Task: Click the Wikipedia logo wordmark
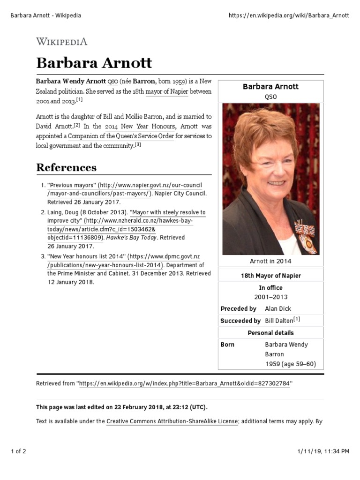tap(62, 41)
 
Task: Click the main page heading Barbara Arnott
tap(94, 63)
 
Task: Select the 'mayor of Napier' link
tap(166, 91)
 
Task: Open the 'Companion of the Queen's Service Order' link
tap(121, 136)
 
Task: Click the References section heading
tap(67, 167)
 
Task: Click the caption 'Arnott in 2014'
tap(270, 261)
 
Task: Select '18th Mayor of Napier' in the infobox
tap(270, 276)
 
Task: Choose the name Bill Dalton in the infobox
tap(279, 321)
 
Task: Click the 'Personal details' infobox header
tap(270, 333)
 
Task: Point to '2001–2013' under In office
tap(270, 297)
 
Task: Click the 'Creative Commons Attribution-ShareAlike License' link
tap(172, 421)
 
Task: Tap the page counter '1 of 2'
tap(18, 451)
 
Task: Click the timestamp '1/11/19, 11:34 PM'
tap(323, 451)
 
